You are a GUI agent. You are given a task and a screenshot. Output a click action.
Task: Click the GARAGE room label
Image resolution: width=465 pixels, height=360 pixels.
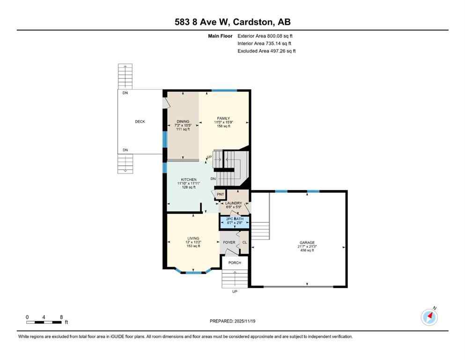(307, 242)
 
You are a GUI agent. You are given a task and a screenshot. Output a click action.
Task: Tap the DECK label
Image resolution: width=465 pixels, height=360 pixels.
(140, 122)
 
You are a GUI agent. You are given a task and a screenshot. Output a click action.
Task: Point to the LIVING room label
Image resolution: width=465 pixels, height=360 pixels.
(193, 238)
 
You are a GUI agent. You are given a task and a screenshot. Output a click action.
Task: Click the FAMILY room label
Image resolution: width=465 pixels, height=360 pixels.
(223, 118)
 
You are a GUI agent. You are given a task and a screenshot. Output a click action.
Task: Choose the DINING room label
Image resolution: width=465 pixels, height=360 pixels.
(183, 121)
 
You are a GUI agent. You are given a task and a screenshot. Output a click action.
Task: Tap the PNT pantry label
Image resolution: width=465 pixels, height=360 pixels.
(220, 194)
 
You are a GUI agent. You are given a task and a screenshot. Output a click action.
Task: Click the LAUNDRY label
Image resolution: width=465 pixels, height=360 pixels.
(233, 203)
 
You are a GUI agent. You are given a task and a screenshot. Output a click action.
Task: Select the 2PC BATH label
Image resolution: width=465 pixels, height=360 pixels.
(235, 219)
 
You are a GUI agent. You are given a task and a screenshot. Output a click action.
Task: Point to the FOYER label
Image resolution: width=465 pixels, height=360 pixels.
(229, 242)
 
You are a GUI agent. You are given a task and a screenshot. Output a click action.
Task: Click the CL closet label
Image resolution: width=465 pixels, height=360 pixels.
(244, 242)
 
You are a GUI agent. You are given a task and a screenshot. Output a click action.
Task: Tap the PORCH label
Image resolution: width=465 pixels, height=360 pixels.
(235, 263)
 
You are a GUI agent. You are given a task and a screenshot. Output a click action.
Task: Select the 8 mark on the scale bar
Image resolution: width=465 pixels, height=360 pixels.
(61, 317)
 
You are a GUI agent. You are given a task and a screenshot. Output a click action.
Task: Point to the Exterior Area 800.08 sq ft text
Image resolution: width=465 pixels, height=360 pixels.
(266, 36)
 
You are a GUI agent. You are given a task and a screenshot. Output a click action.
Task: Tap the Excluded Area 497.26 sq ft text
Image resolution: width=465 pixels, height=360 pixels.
(266, 51)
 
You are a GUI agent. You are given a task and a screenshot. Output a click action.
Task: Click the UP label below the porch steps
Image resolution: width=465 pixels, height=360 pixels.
(235, 291)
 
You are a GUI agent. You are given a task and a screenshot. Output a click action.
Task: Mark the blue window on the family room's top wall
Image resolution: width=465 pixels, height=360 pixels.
(224, 90)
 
